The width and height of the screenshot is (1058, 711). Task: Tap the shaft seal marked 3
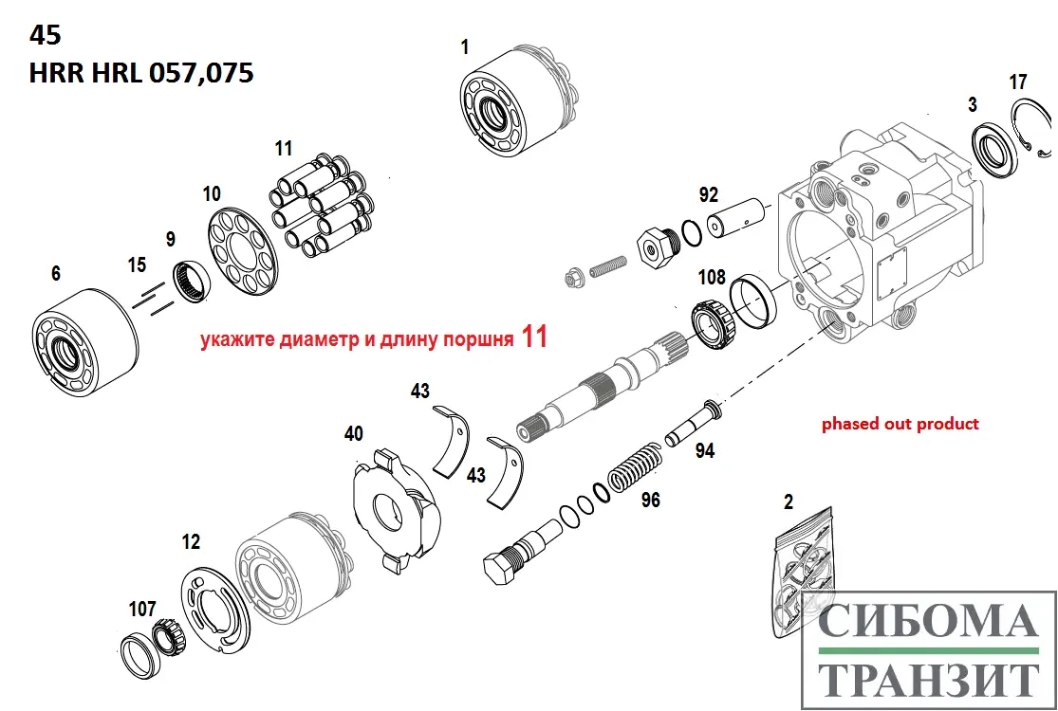(x=995, y=152)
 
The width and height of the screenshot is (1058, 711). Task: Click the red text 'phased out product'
(x=900, y=424)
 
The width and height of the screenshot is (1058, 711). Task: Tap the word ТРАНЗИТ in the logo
(x=928, y=680)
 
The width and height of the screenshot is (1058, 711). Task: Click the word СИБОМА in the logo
(x=928, y=622)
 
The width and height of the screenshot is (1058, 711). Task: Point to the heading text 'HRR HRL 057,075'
(x=141, y=73)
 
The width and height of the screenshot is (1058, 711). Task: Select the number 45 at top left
(x=45, y=35)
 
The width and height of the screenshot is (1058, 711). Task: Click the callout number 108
(x=712, y=278)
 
